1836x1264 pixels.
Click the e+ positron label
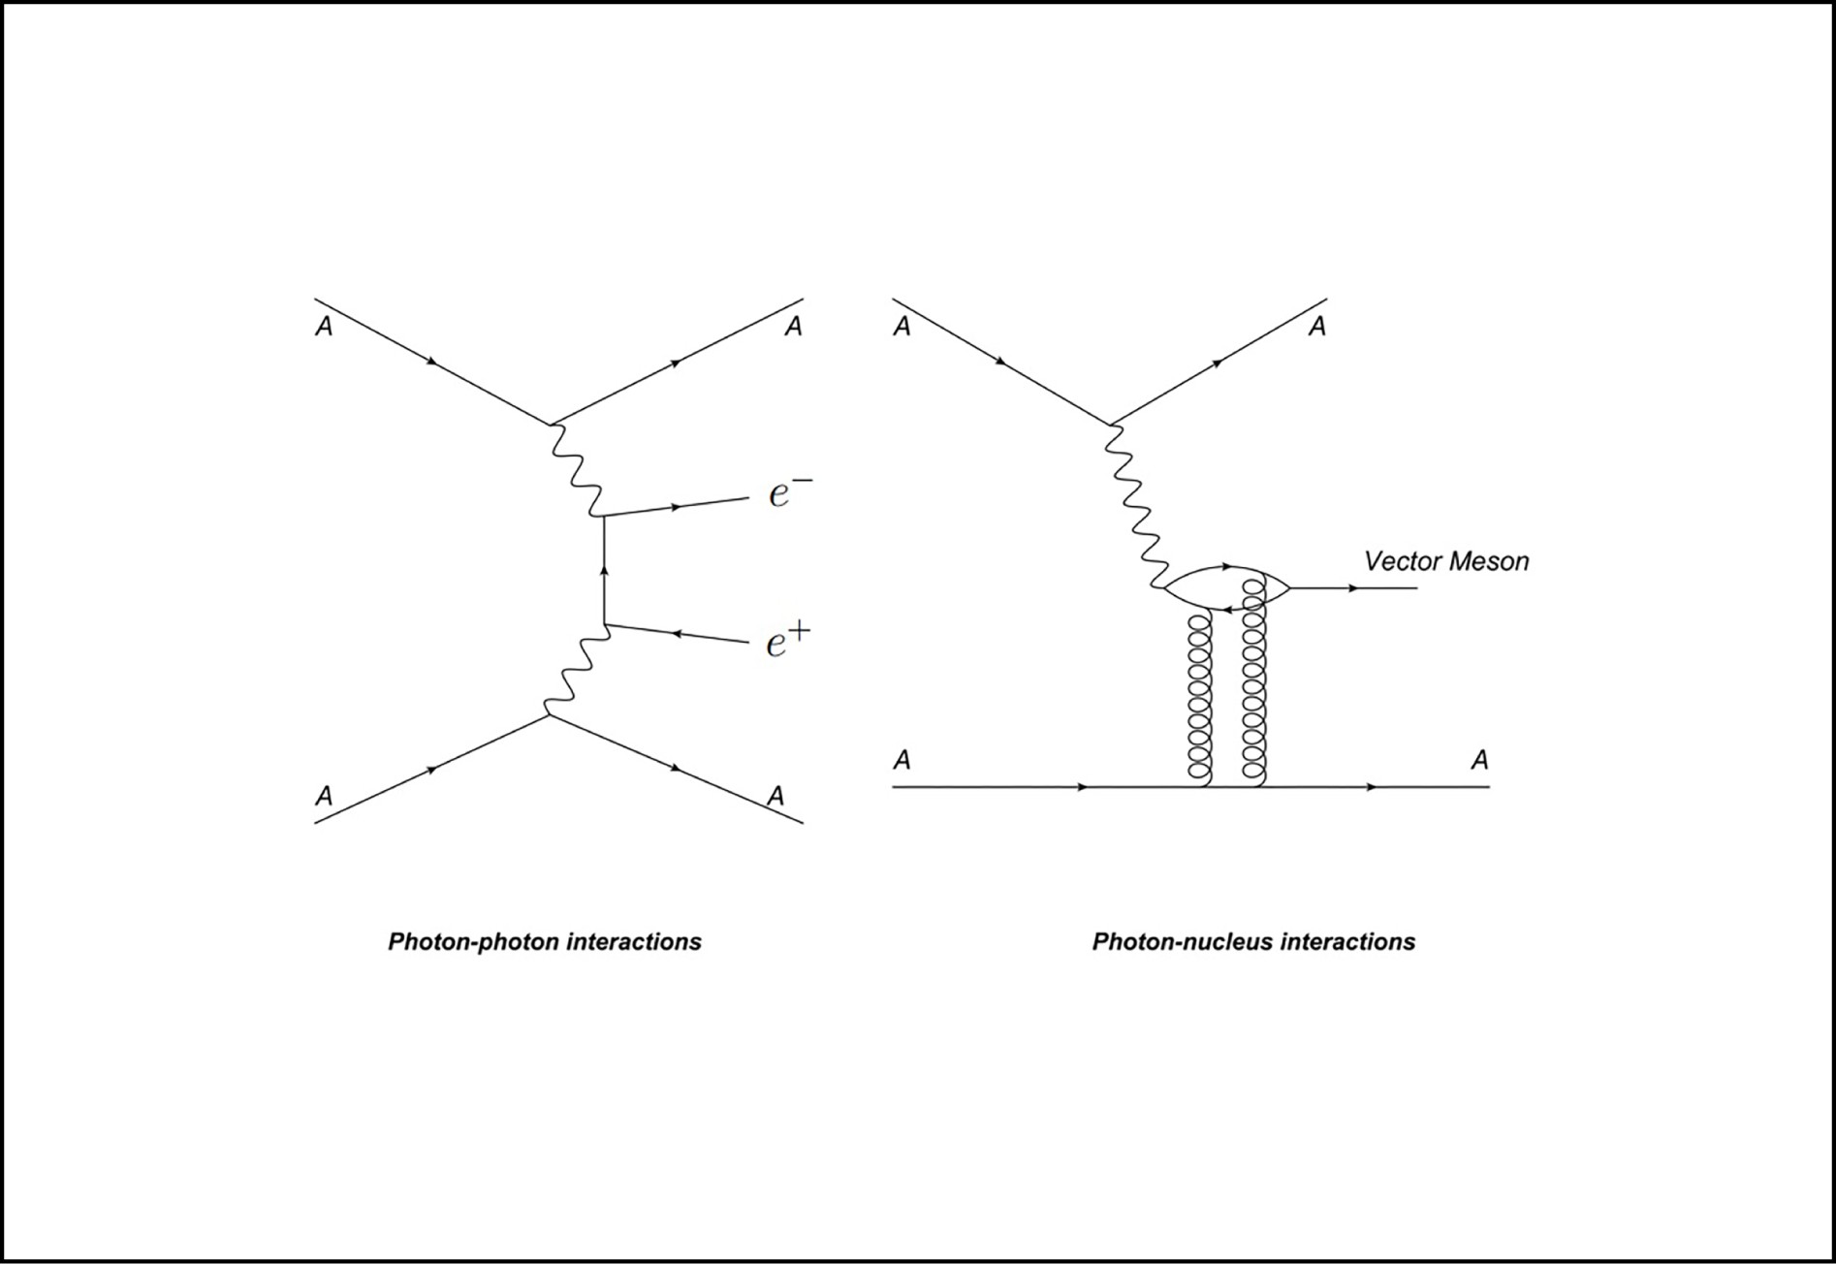pyautogui.click(x=787, y=641)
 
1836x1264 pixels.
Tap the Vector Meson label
pyautogui.click(x=1445, y=561)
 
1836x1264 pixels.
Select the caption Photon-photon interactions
pyautogui.click(x=545, y=941)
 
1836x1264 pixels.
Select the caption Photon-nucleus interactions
pyautogui.click(x=1253, y=941)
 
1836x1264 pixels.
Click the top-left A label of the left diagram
pyautogui.click(x=324, y=327)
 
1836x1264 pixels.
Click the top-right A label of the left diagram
pyautogui.click(x=793, y=327)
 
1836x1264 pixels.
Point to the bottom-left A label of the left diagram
pyautogui.click(x=324, y=796)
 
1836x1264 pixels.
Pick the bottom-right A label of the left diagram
pyautogui.click(x=775, y=796)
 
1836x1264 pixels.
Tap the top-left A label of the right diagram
pyautogui.click(x=902, y=327)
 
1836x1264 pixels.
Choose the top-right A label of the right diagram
pyautogui.click(x=1316, y=327)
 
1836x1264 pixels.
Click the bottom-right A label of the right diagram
pyautogui.click(x=1479, y=760)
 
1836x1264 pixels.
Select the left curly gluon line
pyautogui.click(x=1200, y=698)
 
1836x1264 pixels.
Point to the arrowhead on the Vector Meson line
pyautogui.click(x=1353, y=588)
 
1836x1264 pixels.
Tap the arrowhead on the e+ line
pyautogui.click(x=678, y=634)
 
